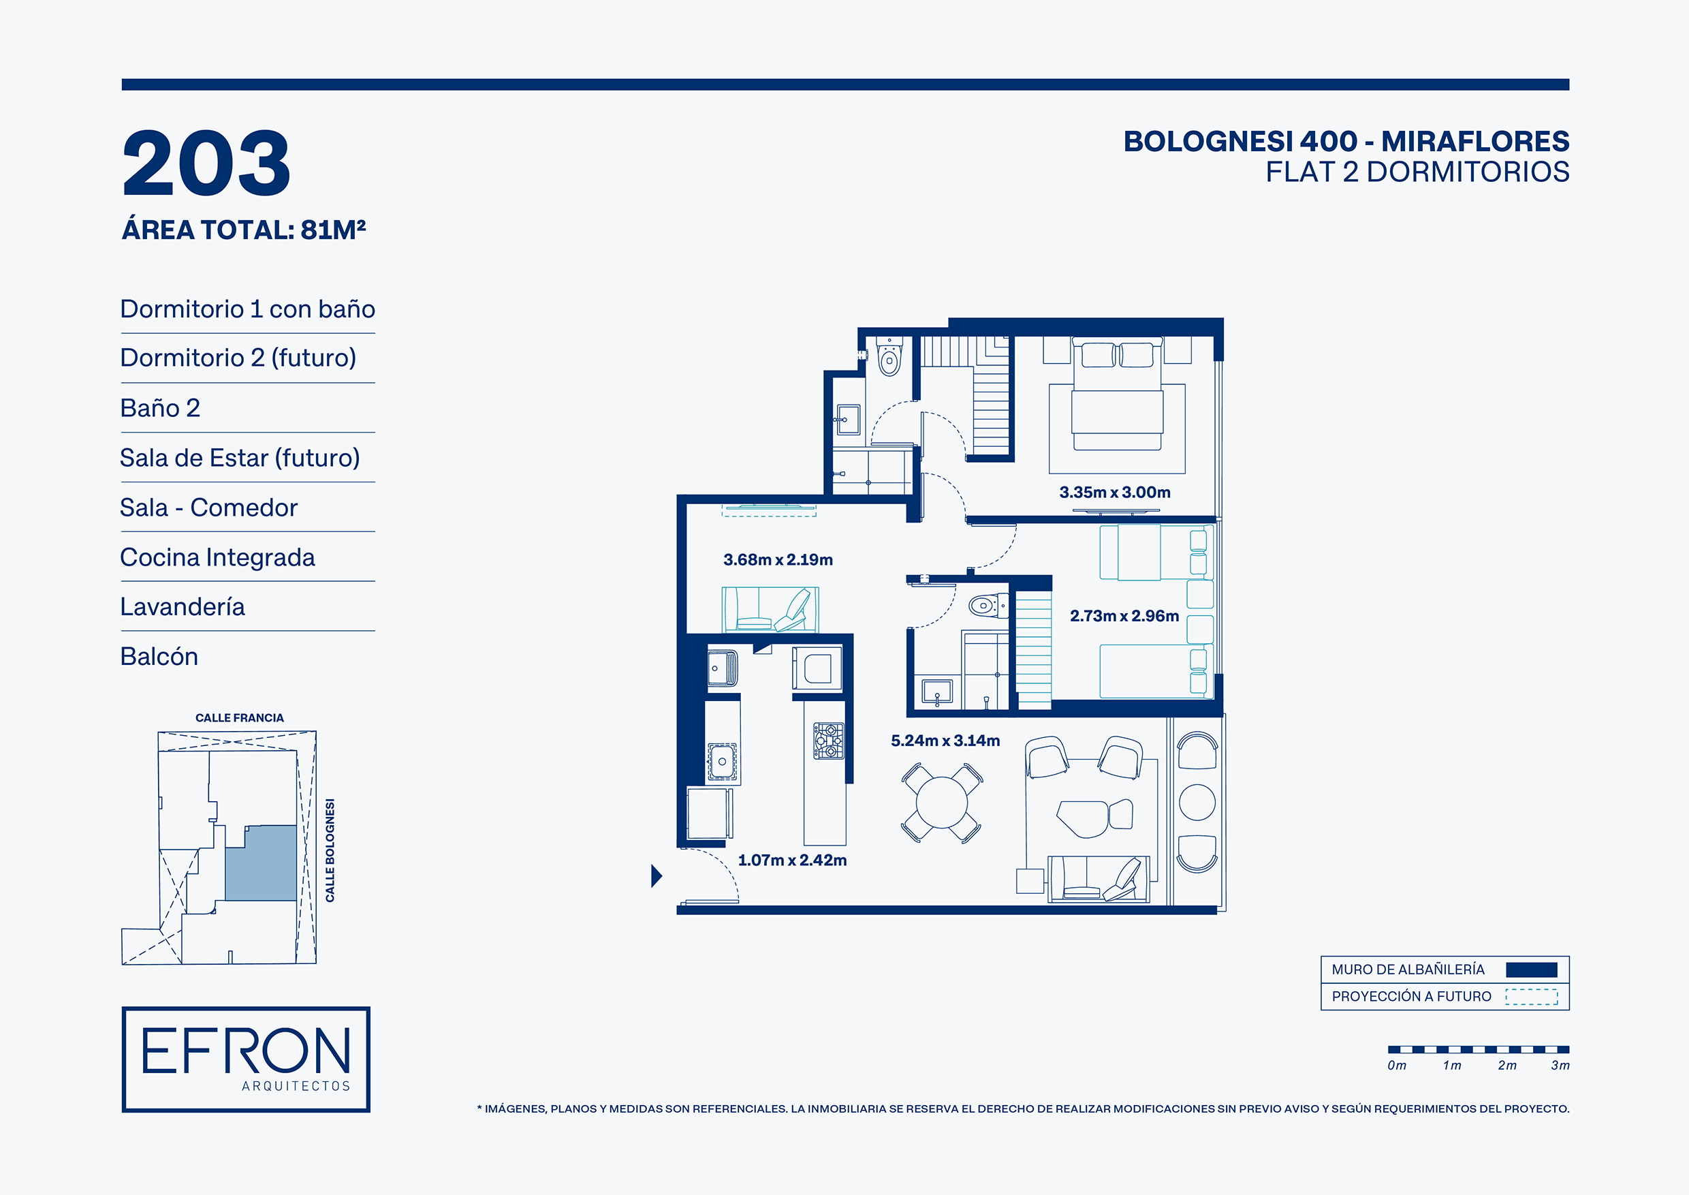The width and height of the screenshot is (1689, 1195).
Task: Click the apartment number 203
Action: pyautogui.click(x=207, y=163)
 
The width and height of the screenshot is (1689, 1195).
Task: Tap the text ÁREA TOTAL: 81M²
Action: pyautogui.click(x=244, y=230)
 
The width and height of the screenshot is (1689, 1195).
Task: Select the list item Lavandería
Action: pyautogui.click(x=183, y=606)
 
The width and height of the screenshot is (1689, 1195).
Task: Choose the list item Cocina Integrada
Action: pyautogui.click(x=218, y=557)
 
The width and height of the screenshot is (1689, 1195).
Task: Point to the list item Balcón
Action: pyautogui.click(x=159, y=656)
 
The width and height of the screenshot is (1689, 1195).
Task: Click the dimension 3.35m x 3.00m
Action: pyautogui.click(x=1114, y=493)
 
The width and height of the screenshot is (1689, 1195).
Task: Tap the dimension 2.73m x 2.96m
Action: pyautogui.click(x=1124, y=616)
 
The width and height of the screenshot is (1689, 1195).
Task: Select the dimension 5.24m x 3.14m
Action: pyautogui.click(x=945, y=741)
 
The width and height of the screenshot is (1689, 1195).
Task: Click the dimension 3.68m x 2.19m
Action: pyautogui.click(x=778, y=559)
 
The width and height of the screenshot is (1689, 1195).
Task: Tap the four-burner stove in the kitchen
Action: pyautogui.click(x=828, y=741)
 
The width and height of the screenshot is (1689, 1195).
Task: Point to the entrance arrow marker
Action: pyautogui.click(x=656, y=875)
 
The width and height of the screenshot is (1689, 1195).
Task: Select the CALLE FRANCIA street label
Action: pyautogui.click(x=239, y=717)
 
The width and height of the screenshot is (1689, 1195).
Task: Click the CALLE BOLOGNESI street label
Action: pyautogui.click(x=330, y=850)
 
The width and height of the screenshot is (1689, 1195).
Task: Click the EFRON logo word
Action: pyautogui.click(x=246, y=1050)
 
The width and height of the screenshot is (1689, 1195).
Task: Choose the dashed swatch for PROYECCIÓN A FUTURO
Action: pyautogui.click(x=1531, y=996)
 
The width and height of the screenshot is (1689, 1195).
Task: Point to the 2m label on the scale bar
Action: pyautogui.click(x=1506, y=1065)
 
